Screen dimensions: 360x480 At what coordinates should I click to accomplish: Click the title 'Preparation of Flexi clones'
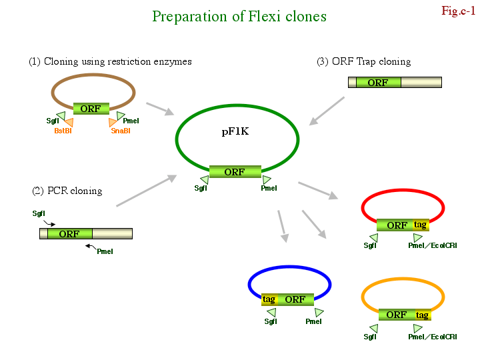[239, 16]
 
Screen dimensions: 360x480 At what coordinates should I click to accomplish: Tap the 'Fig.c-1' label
[458, 10]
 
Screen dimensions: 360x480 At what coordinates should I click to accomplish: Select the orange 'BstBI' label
[63, 131]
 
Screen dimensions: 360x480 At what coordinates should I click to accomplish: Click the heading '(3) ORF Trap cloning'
[363, 61]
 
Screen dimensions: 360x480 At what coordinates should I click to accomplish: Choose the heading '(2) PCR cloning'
[67, 191]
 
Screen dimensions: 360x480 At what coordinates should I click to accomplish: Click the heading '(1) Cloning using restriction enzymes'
[110, 61]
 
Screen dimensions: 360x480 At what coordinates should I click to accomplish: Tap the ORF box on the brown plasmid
[91, 109]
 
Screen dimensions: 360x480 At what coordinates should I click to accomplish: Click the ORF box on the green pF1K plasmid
[235, 172]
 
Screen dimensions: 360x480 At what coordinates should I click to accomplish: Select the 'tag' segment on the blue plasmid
[269, 299]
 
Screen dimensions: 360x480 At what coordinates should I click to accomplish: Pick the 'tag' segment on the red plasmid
[421, 225]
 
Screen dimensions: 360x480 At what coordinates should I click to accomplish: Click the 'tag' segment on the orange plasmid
[422, 315]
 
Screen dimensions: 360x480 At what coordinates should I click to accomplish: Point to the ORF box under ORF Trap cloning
[377, 83]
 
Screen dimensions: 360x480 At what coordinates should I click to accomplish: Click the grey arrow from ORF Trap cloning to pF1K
[327, 110]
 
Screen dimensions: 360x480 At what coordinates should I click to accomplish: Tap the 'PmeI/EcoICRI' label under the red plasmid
[433, 245]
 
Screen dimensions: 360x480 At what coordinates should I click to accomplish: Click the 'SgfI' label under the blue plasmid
[271, 321]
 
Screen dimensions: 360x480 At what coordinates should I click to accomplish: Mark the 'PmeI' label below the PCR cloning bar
[105, 251]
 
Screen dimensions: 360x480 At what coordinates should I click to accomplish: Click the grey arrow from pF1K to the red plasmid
[317, 189]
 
